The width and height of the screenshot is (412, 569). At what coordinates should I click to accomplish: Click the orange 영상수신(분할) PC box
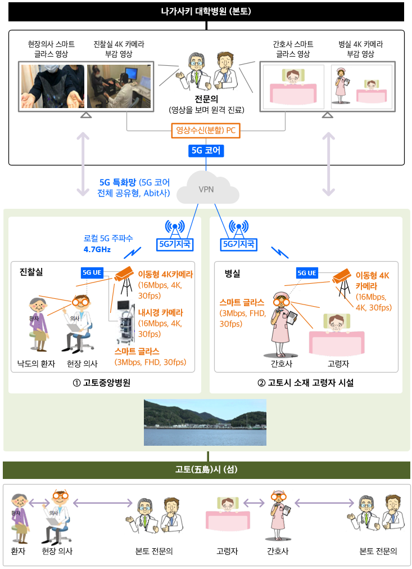click(x=206, y=131)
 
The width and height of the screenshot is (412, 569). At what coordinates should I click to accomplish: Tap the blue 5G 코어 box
click(x=206, y=150)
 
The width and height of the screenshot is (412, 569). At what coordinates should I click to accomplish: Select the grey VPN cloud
click(x=207, y=188)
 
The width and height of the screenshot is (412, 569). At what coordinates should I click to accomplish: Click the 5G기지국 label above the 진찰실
click(x=175, y=244)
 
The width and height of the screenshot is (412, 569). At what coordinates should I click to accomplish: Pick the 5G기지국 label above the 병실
click(x=239, y=244)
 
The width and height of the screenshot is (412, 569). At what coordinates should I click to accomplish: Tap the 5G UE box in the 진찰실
click(x=92, y=272)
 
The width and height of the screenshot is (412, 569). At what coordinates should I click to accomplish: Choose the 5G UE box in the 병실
click(x=307, y=273)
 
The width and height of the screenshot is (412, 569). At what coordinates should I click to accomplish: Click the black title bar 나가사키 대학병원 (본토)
click(x=206, y=11)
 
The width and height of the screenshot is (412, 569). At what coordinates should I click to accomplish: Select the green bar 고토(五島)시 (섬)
click(x=206, y=470)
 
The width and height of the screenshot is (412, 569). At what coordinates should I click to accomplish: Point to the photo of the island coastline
click(x=205, y=422)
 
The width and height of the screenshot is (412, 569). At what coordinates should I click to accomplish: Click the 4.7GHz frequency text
click(x=97, y=249)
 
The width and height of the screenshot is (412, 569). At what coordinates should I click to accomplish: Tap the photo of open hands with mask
click(x=53, y=86)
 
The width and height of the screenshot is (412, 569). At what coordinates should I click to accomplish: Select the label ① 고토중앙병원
click(x=102, y=383)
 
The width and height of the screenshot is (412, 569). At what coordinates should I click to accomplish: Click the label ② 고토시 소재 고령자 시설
click(x=305, y=383)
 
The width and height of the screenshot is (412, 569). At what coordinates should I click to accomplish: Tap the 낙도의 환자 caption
click(x=36, y=364)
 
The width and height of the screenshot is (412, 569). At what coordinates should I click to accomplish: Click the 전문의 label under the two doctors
click(x=206, y=99)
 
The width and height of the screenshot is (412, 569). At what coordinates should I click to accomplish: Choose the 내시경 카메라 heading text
click(x=161, y=313)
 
